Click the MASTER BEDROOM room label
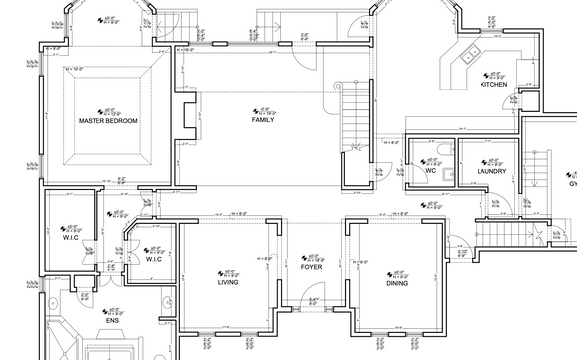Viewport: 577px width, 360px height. [107, 121]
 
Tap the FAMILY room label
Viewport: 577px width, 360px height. [262, 121]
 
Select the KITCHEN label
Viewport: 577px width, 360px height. [493, 85]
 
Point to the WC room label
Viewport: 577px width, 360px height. [430, 171]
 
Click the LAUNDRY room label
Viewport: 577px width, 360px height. [491, 171]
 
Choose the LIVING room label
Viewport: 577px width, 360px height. [229, 283]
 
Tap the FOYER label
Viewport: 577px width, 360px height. [311, 268]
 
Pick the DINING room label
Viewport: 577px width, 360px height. [397, 283]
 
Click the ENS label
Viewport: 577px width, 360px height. [112, 321]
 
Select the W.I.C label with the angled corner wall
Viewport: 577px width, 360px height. [154, 260]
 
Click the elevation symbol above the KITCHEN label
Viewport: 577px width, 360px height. [491, 74]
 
